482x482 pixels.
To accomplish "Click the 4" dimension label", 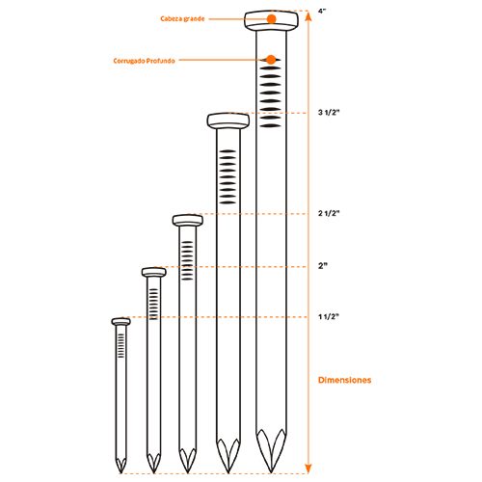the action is [322, 11].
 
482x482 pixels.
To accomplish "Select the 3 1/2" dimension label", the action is [329, 113].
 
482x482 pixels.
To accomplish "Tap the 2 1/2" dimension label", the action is [329, 213].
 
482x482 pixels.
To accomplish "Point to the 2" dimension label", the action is [323, 266].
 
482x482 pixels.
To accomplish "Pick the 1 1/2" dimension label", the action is [329, 317].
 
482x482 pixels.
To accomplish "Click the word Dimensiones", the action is [344, 380].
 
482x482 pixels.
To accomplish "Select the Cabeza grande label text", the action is [182, 19].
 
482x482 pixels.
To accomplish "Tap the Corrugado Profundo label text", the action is [144, 61].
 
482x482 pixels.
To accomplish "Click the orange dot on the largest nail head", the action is [272, 19].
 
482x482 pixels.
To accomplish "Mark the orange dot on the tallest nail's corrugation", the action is [271, 60].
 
